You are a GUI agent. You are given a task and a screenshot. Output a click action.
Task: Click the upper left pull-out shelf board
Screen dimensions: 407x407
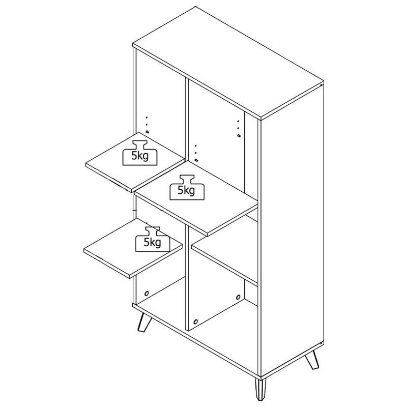point(135,162)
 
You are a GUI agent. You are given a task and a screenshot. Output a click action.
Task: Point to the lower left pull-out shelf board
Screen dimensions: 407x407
point(133,248)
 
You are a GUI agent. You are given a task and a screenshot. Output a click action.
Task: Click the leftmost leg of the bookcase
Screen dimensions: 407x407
point(144,322)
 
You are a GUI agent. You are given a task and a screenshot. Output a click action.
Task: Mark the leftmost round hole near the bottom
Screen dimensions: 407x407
point(147,294)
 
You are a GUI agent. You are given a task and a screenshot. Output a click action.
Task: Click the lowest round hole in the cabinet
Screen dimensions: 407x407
point(196,322)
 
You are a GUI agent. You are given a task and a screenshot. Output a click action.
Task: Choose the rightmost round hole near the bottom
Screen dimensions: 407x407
point(238,297)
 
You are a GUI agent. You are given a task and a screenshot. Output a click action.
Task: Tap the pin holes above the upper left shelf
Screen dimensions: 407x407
point(147,125)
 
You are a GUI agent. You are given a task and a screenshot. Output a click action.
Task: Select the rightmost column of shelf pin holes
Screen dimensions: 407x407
point(239,129)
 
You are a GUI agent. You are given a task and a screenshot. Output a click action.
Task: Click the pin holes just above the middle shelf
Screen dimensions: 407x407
point(196,153)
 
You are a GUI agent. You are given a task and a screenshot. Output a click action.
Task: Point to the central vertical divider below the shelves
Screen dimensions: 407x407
point(187,277)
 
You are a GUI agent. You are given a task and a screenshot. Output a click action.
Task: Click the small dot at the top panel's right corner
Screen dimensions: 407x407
point(322,84)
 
